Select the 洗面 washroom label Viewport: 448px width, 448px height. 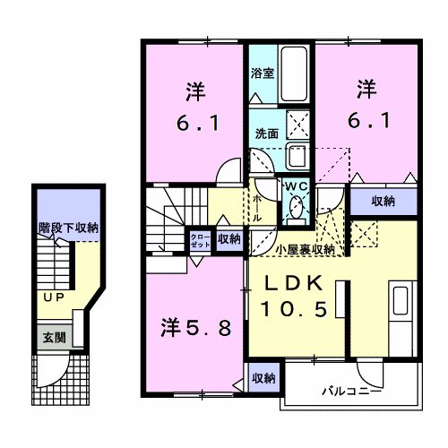point(265,133)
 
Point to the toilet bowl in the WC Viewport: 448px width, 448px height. point(295,211)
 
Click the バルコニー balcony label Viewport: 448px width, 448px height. point(352,392)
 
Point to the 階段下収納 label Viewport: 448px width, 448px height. point(68,228)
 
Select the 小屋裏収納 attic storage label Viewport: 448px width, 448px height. point(306,249)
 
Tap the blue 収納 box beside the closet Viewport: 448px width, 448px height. point(228,238)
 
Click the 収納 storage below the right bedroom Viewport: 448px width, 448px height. point(382,202)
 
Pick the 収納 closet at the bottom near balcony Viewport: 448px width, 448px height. point(263,376)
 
